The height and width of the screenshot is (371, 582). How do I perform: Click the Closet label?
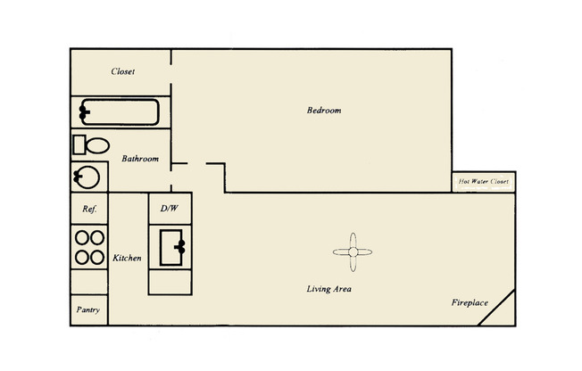(x=122, y=71)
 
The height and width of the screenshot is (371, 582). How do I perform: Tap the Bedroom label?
(x=324, y=111)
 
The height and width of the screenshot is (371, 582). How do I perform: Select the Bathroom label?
(x=140, y=159)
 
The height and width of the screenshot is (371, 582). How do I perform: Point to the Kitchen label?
(x=127, y=258)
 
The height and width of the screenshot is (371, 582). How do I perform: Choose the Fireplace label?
(x=469, y=303)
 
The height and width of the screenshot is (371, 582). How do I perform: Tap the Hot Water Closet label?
(x=483, y=182)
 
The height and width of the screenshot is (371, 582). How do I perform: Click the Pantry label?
(x=88, y=310)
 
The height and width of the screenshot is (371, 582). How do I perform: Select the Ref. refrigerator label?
(x=88, y=210)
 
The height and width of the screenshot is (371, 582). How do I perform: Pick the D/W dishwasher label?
(x=170, y=210)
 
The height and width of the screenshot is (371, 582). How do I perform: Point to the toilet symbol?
(x=90, y=145)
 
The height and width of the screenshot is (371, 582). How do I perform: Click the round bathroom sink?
(x=87, y=177)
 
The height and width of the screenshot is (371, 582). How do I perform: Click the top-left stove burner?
(x=81, y=239)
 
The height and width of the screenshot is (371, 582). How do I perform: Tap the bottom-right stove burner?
(x=96, y=257)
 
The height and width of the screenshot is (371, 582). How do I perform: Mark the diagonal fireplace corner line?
(x=501, y=309)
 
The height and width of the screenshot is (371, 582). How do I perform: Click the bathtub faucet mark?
(x=84, y=112)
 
